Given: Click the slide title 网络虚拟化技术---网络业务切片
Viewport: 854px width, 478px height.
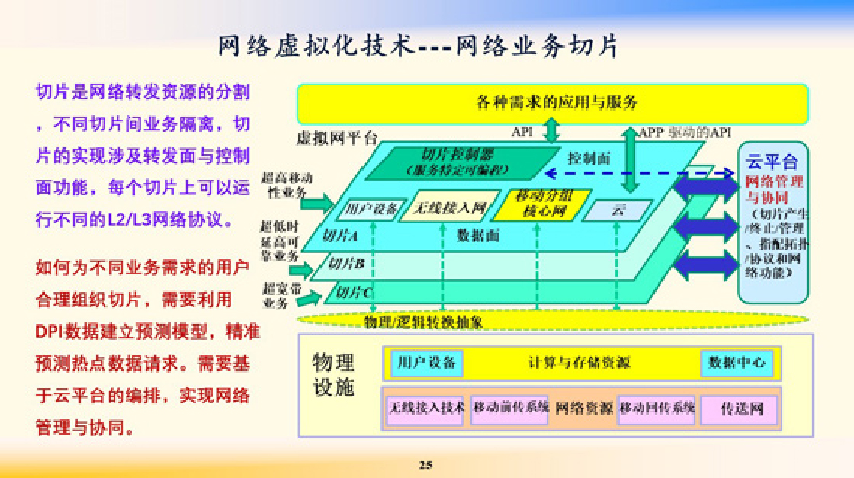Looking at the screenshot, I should point(419,47).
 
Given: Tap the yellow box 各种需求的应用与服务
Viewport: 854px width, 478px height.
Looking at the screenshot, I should point(552,102).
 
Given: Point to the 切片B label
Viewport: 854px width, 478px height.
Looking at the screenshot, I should point(347,264).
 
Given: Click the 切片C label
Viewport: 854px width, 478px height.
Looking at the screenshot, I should point(354,291).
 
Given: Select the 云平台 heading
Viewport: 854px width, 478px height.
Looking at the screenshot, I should point(772,162).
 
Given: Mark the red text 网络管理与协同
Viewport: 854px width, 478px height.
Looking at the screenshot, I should point(773,190).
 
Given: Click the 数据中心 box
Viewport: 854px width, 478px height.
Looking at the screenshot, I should point(737,363).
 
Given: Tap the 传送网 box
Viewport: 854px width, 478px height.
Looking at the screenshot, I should point(738,409).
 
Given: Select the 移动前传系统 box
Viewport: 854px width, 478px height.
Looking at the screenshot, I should point(509,408).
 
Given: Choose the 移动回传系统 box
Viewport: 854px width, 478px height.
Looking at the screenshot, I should point(657,408).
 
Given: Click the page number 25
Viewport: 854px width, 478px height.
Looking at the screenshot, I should point(425,464).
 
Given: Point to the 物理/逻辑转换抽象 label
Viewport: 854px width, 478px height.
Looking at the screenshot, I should point(423,322).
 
